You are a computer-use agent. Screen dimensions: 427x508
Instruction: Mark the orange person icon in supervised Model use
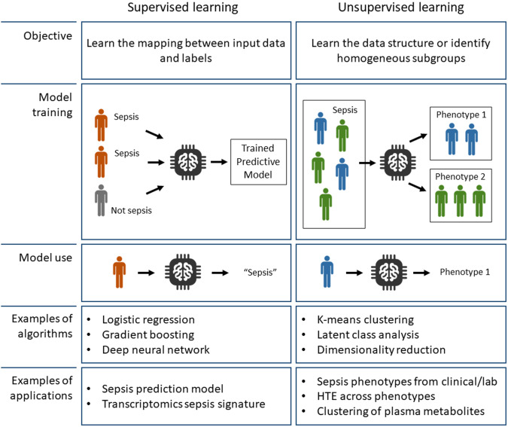[x=117, y=271]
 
